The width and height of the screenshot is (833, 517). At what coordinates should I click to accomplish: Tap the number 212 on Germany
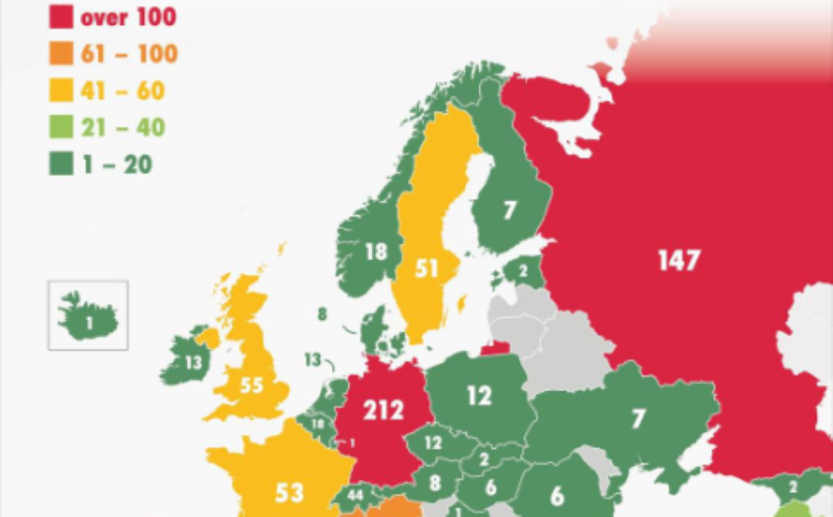383,410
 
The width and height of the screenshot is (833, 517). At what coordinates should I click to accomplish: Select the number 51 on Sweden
427,270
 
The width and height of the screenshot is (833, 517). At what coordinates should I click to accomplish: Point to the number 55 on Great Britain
251,385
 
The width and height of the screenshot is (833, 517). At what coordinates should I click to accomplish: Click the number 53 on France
289,492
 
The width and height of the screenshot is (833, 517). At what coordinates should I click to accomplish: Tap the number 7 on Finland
509,211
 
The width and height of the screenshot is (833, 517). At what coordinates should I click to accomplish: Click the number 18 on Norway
377,251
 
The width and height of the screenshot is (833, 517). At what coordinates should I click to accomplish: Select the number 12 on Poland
479,396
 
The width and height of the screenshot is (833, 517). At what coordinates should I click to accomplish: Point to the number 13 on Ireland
193,362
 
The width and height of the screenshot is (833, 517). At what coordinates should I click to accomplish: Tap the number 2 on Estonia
523,271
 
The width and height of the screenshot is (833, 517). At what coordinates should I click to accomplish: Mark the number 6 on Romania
557,495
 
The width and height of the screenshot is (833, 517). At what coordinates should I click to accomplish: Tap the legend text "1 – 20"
116,164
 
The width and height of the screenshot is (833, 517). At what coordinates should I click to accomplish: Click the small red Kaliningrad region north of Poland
495,346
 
